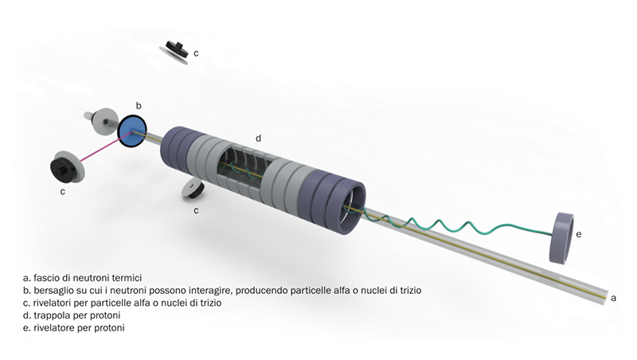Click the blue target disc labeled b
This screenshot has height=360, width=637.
tap(131, 131)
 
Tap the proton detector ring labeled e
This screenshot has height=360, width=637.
tap(562, 238)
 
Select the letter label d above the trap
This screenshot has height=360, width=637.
tap(258, 139)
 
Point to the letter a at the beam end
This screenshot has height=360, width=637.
tap(613, 298)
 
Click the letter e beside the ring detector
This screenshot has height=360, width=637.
tap(579, 234)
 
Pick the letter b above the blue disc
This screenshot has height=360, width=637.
tap(139, 106)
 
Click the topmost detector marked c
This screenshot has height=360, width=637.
tap(174, 52)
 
